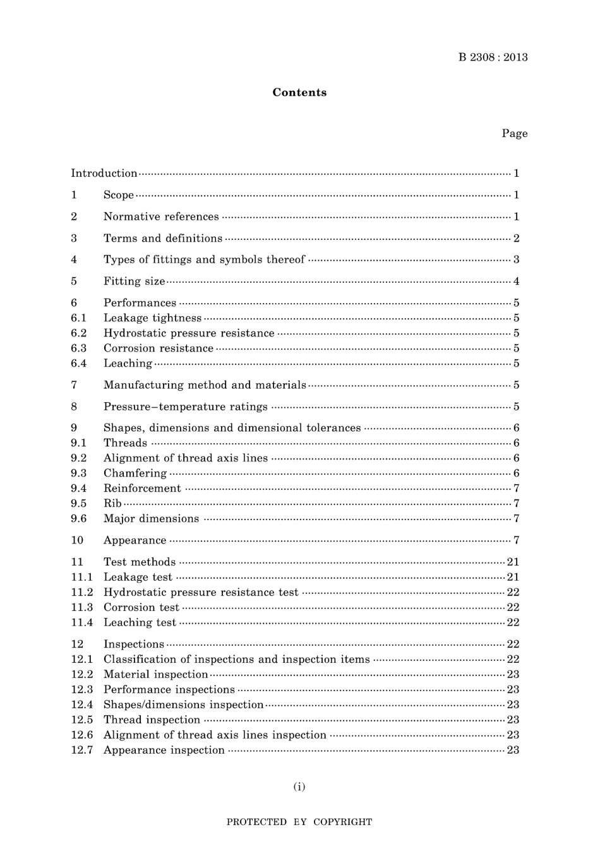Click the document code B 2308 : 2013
click(493, 57)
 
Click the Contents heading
click(299, 93)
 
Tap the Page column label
click(514, 133)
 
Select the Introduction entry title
click(104, 173)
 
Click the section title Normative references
click(161, 217)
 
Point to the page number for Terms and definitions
click(516, 238)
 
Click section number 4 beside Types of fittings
click(74, 259)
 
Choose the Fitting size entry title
click(134, 282)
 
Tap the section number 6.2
click(78, 333)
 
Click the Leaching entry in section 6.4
click(128, 364)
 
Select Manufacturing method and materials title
click(205, 385)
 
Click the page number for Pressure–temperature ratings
click(516, 407)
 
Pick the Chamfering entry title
click(135, 473)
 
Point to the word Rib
click(112, 504)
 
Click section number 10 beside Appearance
click(77, 540)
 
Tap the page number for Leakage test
click(513, 577)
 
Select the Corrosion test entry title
click(141, 607)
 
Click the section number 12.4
click(81, 704)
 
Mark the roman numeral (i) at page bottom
click(299, 787)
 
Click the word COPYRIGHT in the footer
click(342, 822)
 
